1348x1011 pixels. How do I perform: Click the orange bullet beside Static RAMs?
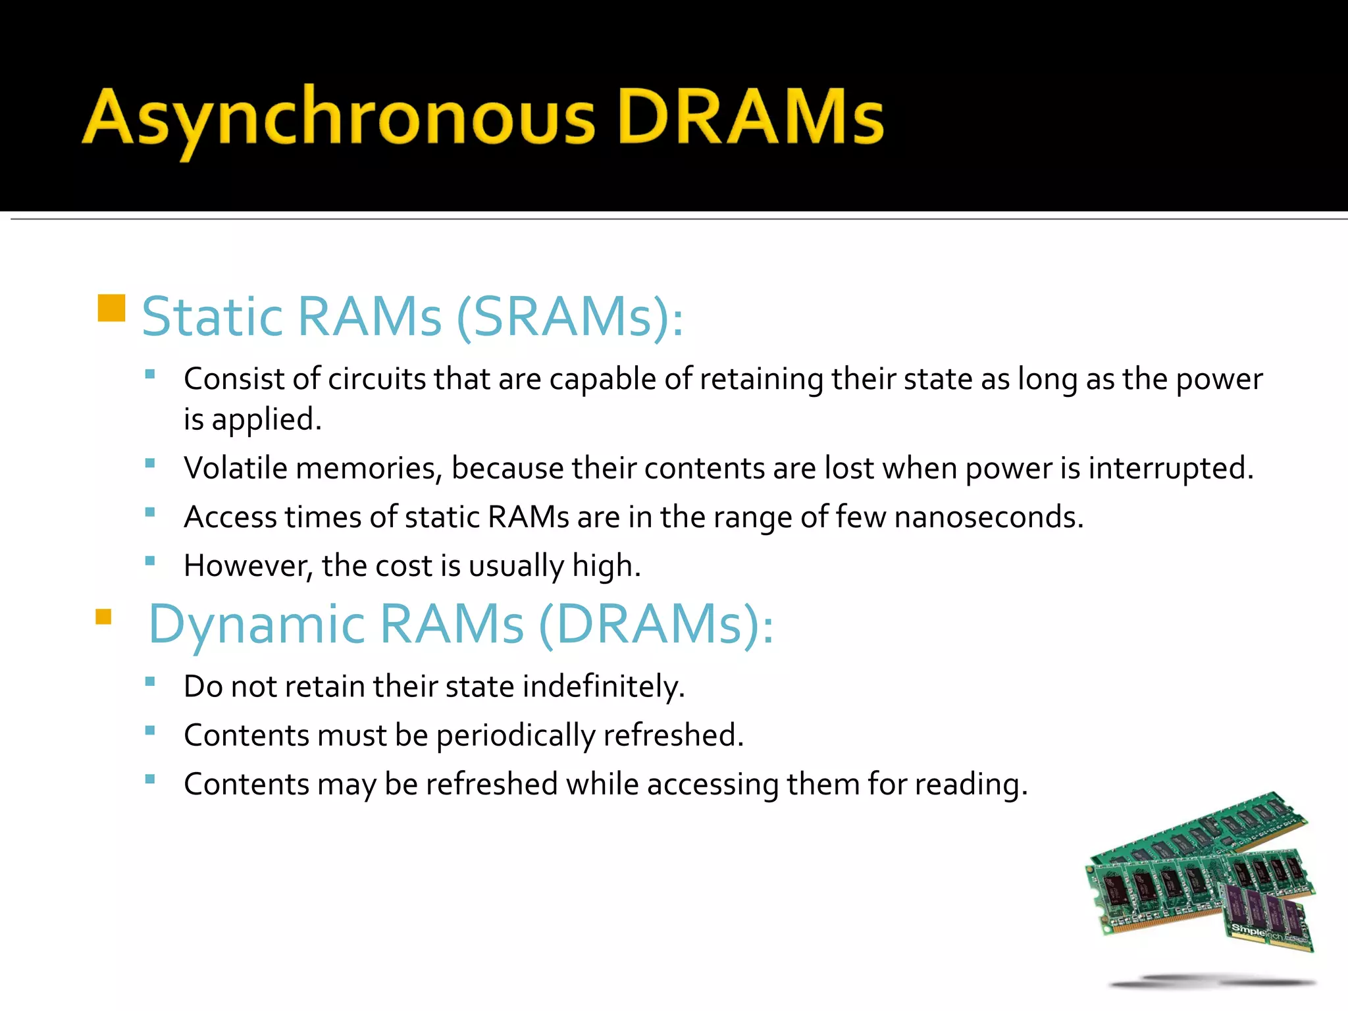(x=111, y=308)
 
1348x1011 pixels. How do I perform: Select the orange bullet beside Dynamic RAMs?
(x=103, y=617)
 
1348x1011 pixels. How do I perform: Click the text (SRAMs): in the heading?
(x=569, y=317)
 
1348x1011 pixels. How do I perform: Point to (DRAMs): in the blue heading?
(x=656, y=624)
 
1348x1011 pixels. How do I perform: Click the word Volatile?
(x=236, y=468)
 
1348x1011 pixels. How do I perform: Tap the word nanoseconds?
(x=988, y=517)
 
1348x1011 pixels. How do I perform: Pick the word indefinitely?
(x=604, y=687)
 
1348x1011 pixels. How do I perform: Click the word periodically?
(x=515, y=736)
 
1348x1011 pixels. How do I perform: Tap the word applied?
(x=266, y=420)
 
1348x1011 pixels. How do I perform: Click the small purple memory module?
(x=1267, y=918)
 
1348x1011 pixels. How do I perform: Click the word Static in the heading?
(x=213, y=317)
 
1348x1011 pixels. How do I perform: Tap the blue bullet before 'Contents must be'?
(x=150, y=730)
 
